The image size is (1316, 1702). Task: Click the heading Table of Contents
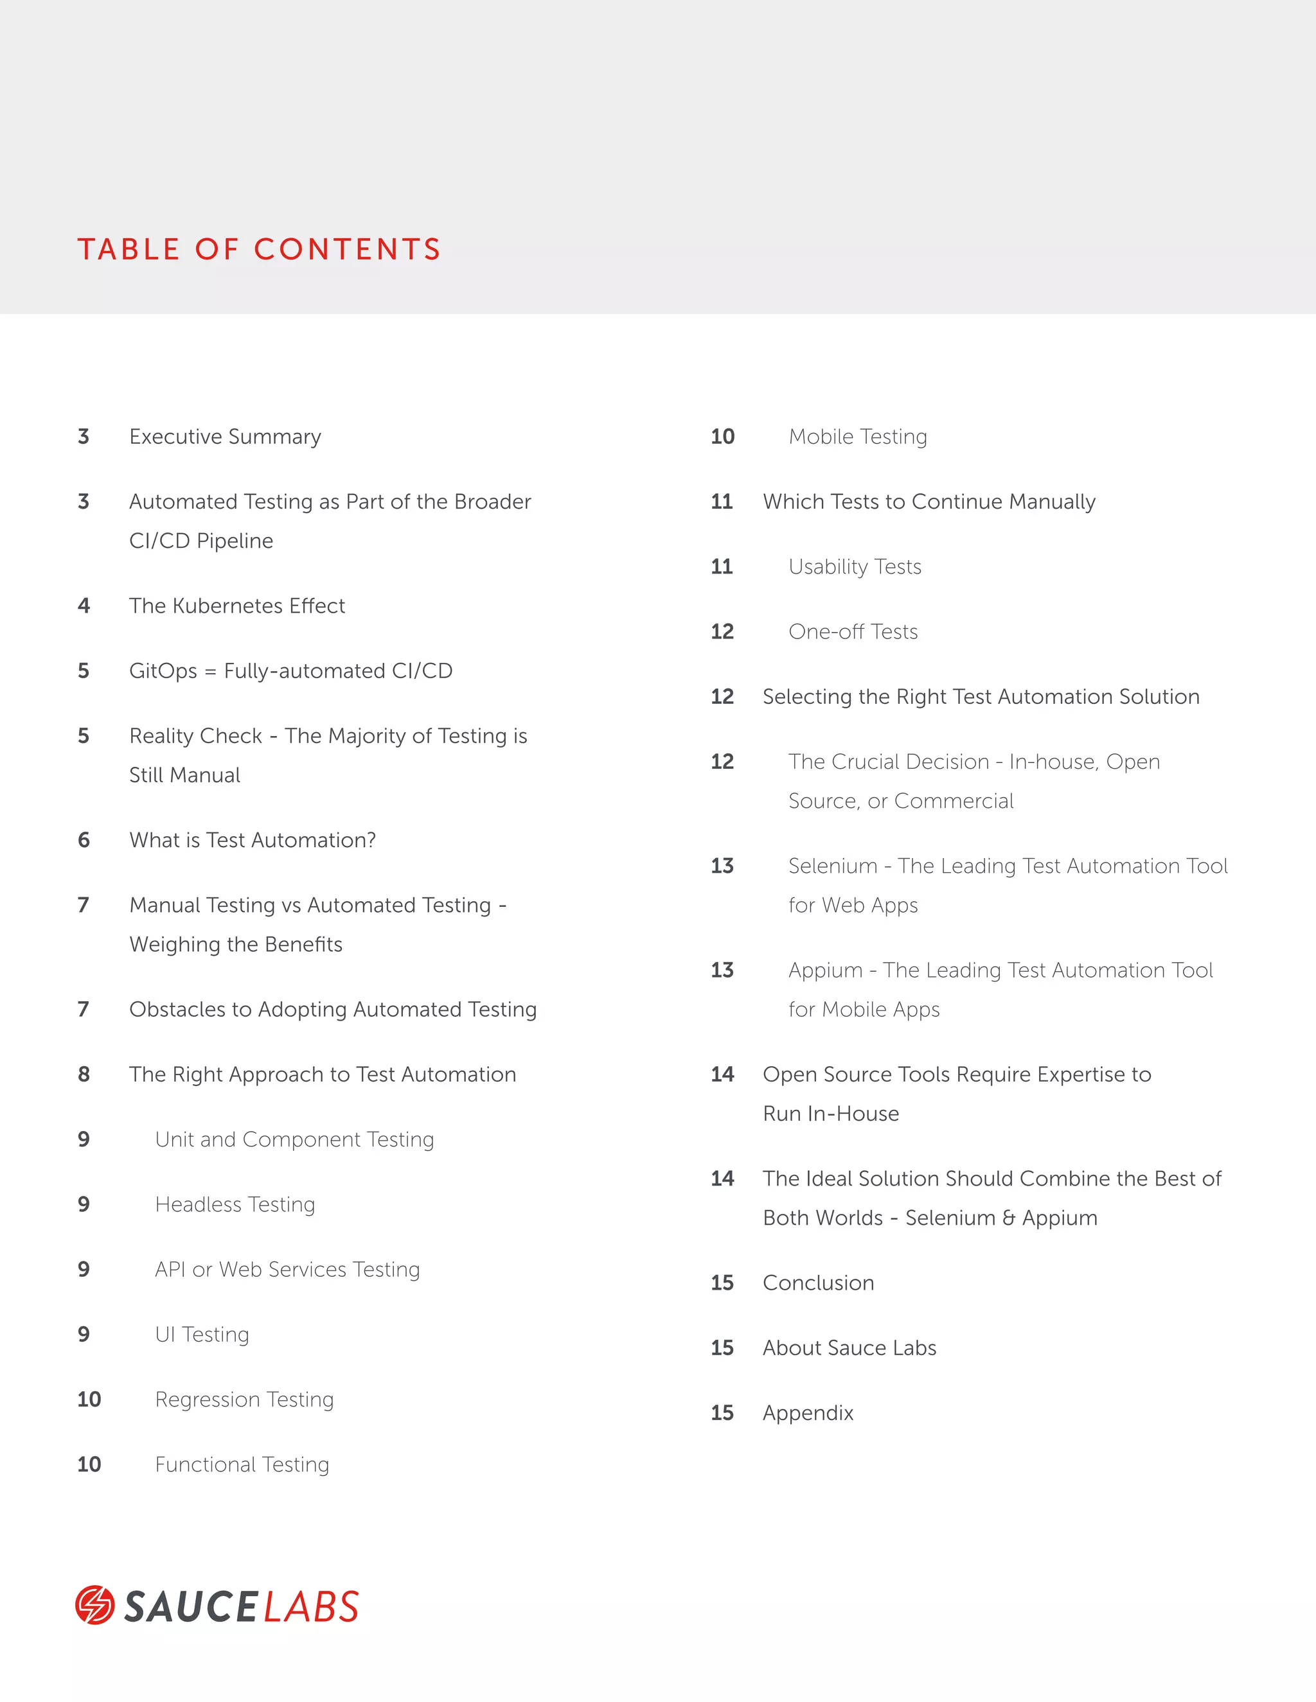click(259, 249)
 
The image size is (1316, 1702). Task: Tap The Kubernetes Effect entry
click(237, 606)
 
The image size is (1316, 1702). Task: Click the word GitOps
click(163, 671)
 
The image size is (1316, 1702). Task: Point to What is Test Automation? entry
click(253, 840)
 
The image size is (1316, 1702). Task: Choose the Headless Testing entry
click(235, 1204)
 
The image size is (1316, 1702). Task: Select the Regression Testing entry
click(244, 1399)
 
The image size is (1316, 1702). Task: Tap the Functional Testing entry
click(242, 1464)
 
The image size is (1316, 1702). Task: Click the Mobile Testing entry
click(858, 436)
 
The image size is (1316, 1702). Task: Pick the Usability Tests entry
click(855, 566)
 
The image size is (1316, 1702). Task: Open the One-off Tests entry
click(853, 631)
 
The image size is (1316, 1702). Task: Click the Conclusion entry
click(818, 1283)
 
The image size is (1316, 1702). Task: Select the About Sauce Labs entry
click(849, 1347)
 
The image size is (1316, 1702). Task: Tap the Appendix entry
click(808, 1413)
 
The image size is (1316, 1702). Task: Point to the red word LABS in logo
click(311, 1607)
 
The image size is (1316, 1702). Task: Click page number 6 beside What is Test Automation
click(84, 840)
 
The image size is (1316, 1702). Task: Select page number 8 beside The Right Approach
click(84, 1075)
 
